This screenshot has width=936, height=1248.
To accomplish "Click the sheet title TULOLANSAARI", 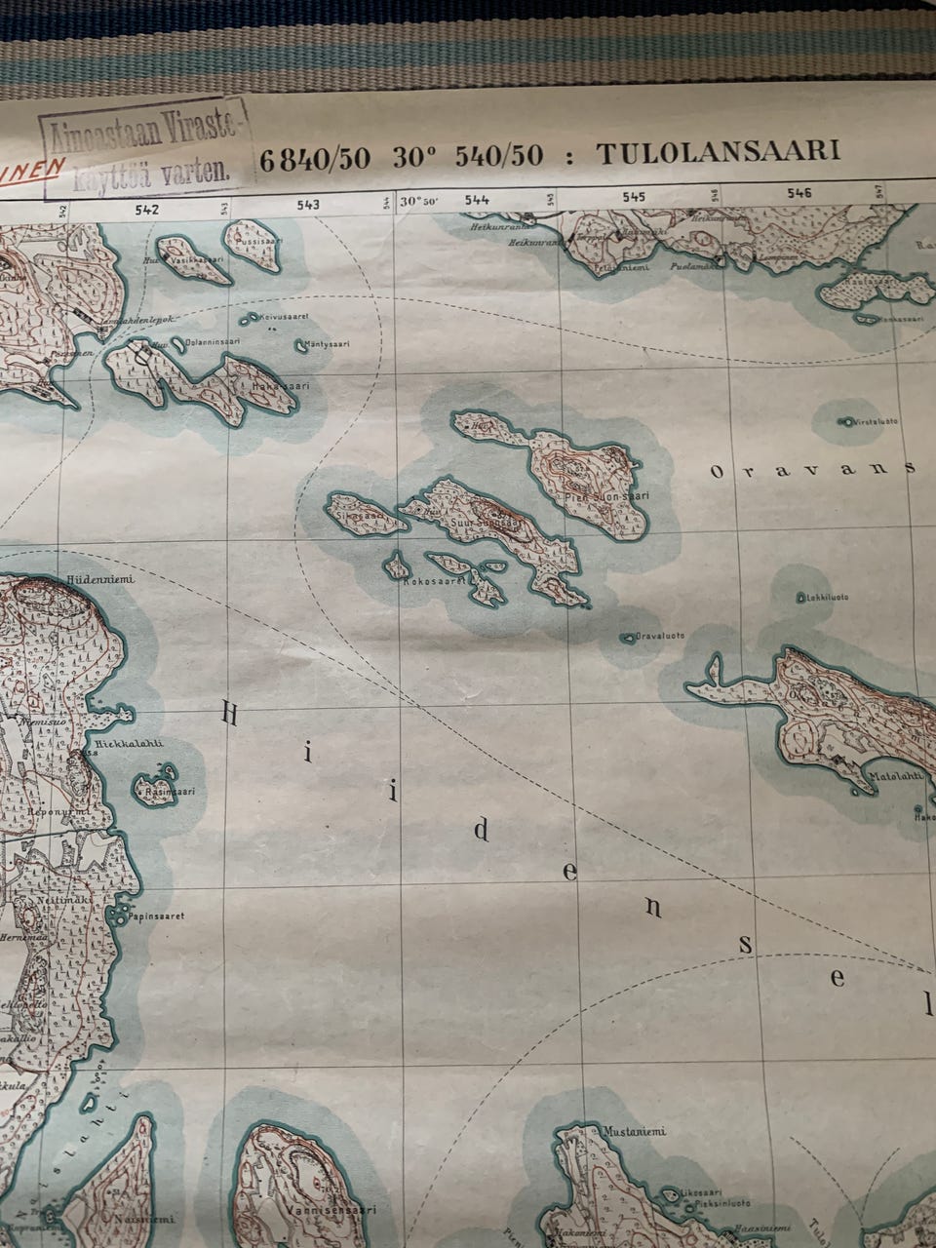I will [x=718, y=153].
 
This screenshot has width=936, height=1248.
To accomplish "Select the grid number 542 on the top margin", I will [x=146, y=208].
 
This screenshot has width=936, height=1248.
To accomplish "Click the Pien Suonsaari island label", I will [x=606, y=497].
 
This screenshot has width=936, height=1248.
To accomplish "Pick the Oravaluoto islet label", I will [x=659, y=636].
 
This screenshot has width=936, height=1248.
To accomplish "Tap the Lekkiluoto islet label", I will [x=823, y=597].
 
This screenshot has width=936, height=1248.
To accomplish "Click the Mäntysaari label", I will [x=327, y=343].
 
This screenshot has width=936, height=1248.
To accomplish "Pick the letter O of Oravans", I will [x=717, y=473].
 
